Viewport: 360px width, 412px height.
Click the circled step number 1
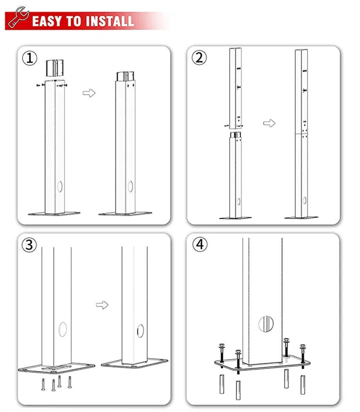click(x=29, y=58)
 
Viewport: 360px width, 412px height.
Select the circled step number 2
click(x=199, y=58)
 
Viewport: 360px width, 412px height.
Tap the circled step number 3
click(x=29, y=245)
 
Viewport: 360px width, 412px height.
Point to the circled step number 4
click(x=200, y=244)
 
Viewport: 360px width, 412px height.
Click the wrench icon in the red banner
click(x=18, y=17)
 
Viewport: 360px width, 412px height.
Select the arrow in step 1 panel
click(x=89, y=93)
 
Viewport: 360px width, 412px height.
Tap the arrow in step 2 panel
click(x=269, y=123)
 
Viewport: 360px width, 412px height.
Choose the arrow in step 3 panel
click(x=102, y=305)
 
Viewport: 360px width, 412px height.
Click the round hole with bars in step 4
click(x=266, y=324)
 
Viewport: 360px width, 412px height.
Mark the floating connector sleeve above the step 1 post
click(x=55, y=68)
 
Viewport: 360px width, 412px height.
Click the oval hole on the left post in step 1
click(x=60, y=186)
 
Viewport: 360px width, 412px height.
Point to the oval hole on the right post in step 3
click(x=140, y=331)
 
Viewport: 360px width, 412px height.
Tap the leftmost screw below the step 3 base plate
click(x=43, y=385)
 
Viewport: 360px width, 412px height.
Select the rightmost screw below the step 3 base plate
click(x=70, y=382)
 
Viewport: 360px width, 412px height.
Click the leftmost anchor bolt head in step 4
click(x=222, y=346)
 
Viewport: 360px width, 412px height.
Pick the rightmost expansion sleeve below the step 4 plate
click(x=303, y=385)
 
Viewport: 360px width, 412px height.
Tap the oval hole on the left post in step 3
click(x=63, y=329)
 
